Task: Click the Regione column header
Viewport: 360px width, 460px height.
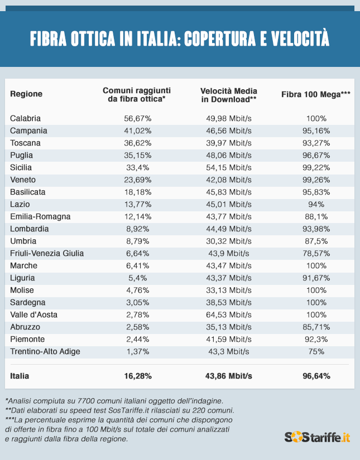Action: point(26,94)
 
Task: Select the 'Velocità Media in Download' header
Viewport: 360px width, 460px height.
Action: point(228,94)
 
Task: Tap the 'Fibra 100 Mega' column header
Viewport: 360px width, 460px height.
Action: point(316,94)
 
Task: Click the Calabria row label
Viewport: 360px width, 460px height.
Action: point(26,118)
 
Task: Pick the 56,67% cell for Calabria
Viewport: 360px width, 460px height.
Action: point(137,118)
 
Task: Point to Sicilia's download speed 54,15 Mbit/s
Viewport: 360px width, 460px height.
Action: point(229,167)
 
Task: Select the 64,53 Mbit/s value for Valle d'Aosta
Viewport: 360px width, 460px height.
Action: point(229,314)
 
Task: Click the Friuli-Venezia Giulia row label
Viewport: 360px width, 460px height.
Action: point(47,253)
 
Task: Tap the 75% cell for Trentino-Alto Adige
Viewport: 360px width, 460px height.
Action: point(316,351)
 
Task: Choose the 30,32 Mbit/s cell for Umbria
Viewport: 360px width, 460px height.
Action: point(229,241)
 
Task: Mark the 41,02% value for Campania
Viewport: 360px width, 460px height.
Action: point(137,130)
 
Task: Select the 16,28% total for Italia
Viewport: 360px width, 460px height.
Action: point(137,376)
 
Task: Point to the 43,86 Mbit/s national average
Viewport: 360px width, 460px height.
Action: point(229,376)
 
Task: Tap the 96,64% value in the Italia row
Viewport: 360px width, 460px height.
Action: point(316,376)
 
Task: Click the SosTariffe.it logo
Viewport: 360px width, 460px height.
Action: point(317,437)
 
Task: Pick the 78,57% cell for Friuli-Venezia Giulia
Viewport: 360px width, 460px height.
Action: point(316,253)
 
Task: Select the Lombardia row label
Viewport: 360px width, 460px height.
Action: point(30,229)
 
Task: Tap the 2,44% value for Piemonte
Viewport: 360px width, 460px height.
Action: point(137,339)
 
